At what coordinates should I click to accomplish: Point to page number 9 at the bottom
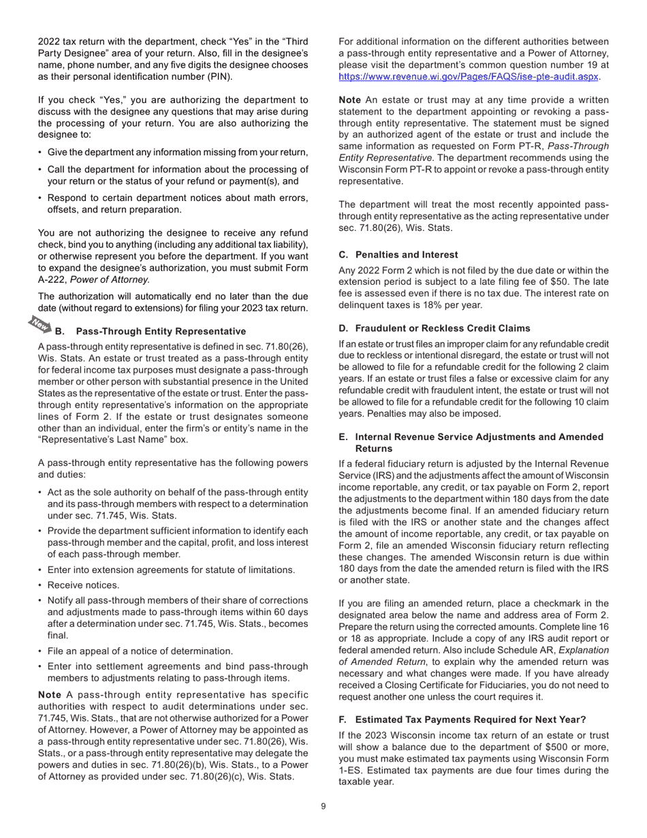(x=323, y=807)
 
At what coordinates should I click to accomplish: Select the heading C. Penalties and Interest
(x=398, y=254)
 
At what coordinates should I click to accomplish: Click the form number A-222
(x=52, y=279)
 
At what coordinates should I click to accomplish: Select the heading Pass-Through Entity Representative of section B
(x=161, y=331)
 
